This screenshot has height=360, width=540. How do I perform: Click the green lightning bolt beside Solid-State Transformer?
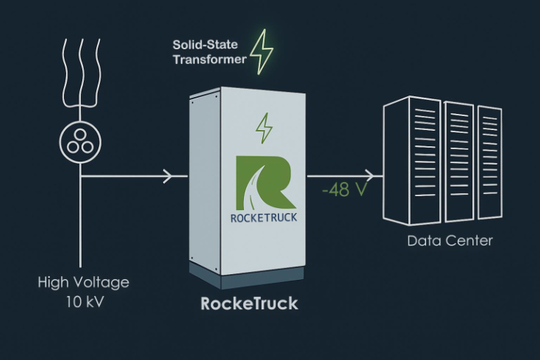tap(262, 53)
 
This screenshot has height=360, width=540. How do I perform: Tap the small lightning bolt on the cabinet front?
tap(263, 129)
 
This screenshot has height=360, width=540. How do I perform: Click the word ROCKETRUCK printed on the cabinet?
tap(264, 218)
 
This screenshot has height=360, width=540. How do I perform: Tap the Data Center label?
tap(450, 240)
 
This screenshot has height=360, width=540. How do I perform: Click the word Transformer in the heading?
tap(209, 60)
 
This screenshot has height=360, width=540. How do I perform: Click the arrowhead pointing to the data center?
tap(377, 176)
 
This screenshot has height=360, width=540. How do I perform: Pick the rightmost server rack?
tap(490, 162)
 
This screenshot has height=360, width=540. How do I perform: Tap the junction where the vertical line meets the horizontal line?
tap(80, 176)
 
